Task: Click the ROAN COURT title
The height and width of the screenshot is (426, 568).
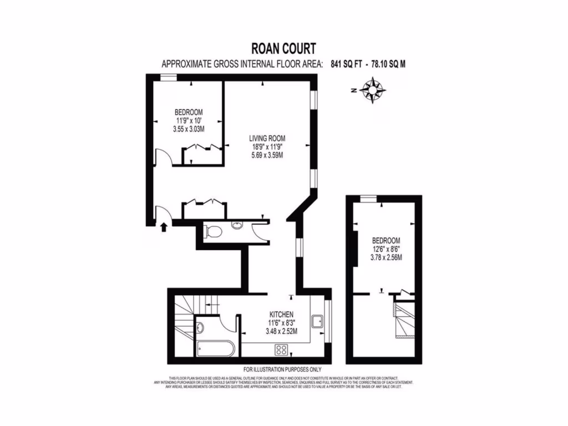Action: tap(283, 49)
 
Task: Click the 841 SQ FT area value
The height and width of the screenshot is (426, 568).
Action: tap(346, 64)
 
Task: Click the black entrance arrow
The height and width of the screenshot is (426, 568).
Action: tap(164, 226)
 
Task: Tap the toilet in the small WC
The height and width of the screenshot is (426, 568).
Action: tap(214, 230)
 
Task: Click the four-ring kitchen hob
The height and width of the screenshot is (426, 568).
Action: tap(281, 350)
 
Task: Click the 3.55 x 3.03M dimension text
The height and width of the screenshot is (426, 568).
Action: tap(189, 129)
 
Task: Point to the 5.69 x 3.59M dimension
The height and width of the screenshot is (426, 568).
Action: tap(267, 155)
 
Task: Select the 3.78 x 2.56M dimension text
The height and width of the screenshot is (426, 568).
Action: tap(386, 257)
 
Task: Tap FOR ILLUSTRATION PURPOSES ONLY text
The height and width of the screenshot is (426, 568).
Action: tap(282, 369)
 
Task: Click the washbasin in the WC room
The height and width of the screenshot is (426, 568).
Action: tap(237, 226)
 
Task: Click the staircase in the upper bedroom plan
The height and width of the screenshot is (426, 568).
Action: tap(403, 318)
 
